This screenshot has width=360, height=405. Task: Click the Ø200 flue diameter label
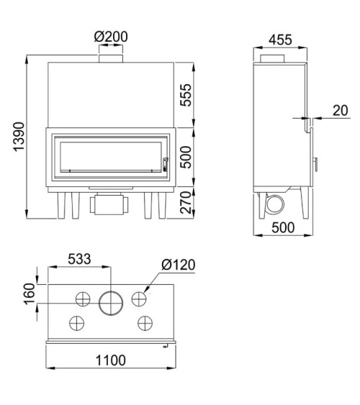[x=111, y=37]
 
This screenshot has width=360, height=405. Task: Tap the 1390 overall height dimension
[x=19, y=137]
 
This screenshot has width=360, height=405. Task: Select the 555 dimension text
[x=186, y=95]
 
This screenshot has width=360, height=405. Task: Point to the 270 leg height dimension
[x=186, y=203]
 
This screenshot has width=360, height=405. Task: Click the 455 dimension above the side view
[x=280, y=40]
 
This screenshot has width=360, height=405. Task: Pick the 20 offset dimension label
[x=341, y=111]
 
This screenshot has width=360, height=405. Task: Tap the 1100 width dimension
[x=111, y=360]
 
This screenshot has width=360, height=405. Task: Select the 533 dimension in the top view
[x=79, y=259]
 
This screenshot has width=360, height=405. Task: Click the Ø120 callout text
[x=179, y=265]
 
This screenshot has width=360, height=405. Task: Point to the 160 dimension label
[x=30, y=294]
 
